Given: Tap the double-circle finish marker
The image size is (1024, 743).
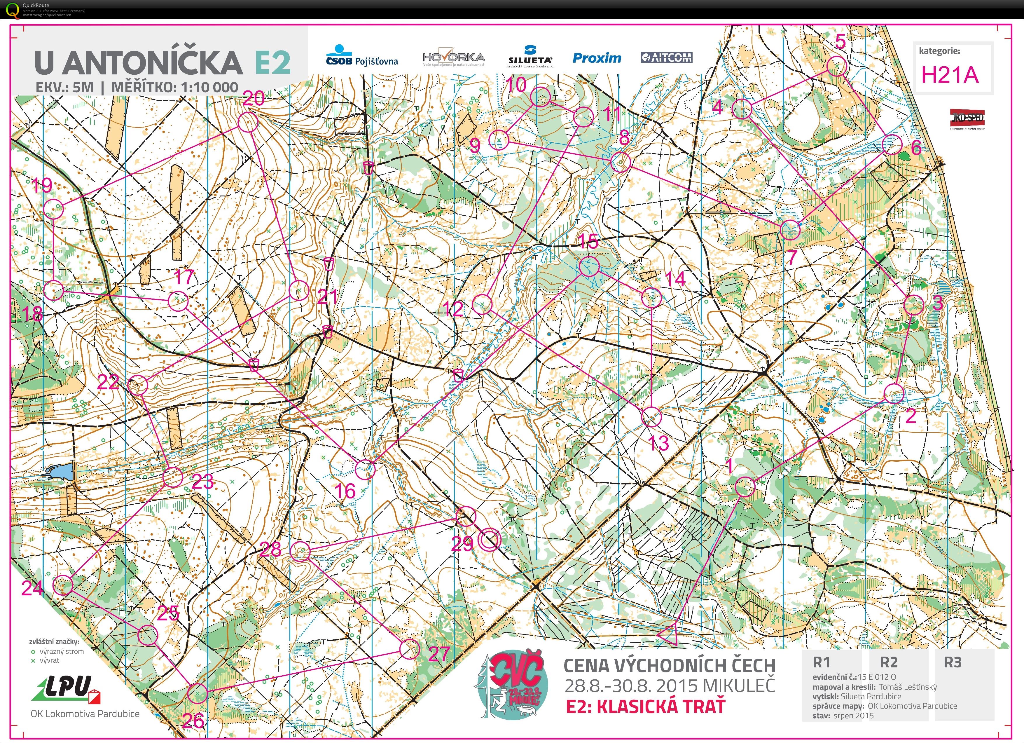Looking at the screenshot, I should pyautogui.click(x=490, y=540).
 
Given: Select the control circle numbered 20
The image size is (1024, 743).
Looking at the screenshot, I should pyautogui.click(x=247, y=122).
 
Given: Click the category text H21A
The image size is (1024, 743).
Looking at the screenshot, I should pyautogui.click(x=950, y=75).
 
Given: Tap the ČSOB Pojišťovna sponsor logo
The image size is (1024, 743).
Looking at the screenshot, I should pyautogui.click(x=362, y=56).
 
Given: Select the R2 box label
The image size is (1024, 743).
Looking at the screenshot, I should pyautogui.click(x=889, y=662).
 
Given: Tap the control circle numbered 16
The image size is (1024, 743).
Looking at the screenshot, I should pyautogui.click(x=365, y=470).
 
